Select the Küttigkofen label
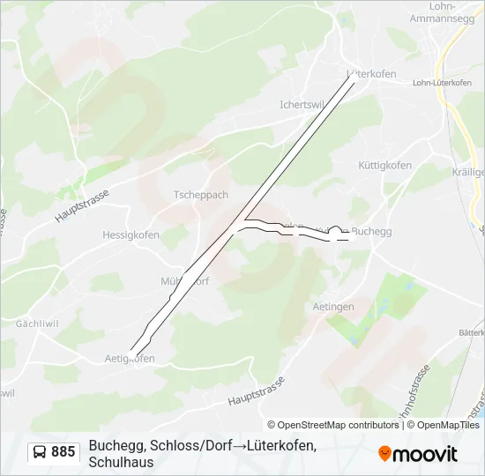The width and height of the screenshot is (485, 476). tap(384, 166)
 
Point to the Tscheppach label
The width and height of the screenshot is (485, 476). tap(200, 195)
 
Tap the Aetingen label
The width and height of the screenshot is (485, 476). tap(333, 306)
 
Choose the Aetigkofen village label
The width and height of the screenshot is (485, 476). tap(130, 358)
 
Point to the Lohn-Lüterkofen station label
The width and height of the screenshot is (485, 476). tap(442, 83)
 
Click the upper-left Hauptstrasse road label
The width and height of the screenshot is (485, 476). tap(81, 205)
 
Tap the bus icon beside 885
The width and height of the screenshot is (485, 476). tap(39, 452)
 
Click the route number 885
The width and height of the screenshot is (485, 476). tap(63, 452)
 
